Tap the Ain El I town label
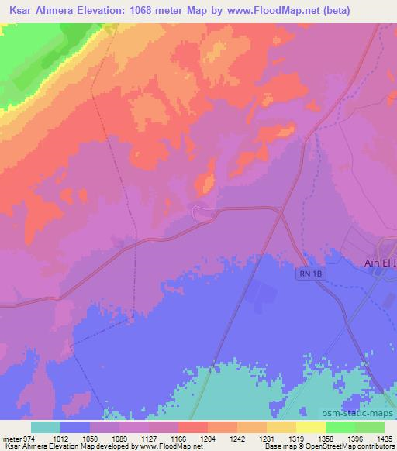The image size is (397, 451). (x=380, y=263)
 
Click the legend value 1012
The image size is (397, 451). (x=75, y=438)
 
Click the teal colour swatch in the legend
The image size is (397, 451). (x=46, y=427)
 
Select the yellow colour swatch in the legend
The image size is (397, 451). (x=310, y=427)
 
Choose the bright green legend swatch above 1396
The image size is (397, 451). (x=340, y=427)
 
